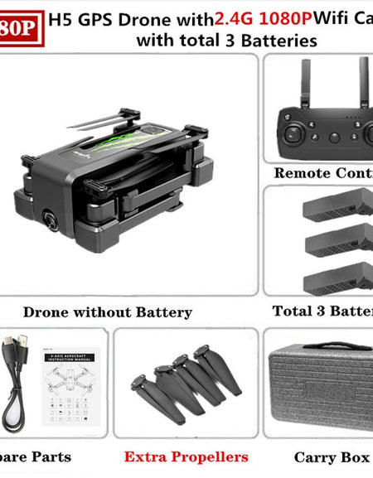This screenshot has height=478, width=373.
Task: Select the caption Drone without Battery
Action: pyautogui.click(x=108, y=312)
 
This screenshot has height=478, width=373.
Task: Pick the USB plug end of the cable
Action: pyautogui.click(x=24, y=343)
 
